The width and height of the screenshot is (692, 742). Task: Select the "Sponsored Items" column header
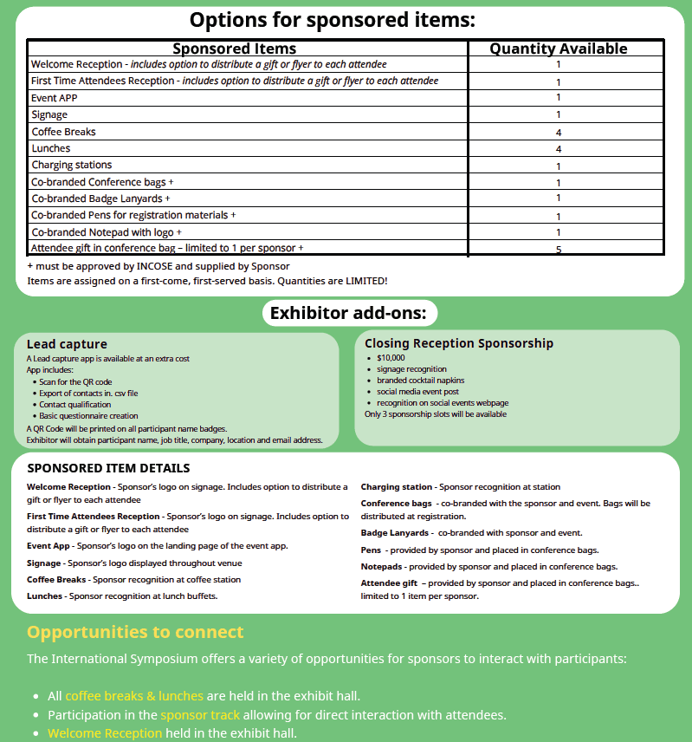(x=235, y=49)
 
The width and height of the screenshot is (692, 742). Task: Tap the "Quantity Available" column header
(x=559, y=49)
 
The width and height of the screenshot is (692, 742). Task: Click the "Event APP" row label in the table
(x=55, y=98)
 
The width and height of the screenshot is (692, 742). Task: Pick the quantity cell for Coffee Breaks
(x=559, y=133)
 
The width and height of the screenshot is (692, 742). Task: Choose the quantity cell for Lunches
(x=559, y=149)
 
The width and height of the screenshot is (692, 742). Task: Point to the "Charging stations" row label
(x=72, y=165)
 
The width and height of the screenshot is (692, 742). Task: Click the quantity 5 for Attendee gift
(x=559, y=250)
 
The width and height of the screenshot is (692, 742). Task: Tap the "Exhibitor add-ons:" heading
(x=349, y=313)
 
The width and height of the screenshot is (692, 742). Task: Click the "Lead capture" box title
(x=67, y=344)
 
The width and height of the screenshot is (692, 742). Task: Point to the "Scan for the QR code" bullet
(x=75, y=381)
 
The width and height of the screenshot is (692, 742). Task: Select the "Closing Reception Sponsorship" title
(x=459, y=343)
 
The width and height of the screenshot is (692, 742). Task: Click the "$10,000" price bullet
(x=391, y=357)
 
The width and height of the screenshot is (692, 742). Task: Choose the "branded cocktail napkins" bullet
(x=421, y=381)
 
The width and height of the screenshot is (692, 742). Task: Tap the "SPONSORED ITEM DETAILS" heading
(x=108, y=469)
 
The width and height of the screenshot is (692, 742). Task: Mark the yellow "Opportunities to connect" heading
(x=135, y=632)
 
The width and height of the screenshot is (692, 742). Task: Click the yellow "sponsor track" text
(x=199, y=715)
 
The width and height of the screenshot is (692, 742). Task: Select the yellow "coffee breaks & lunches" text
(x=134, y=696)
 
